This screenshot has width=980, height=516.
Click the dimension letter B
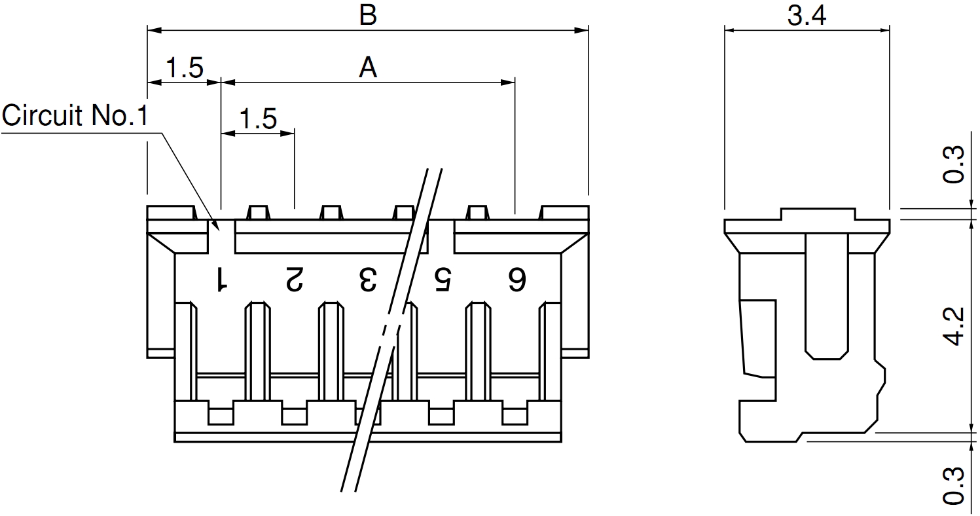click(x=368, y=16)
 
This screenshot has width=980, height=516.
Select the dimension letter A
click(x=368, y=67)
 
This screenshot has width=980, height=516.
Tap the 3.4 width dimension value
click(x=807, y=16)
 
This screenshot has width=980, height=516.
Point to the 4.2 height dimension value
click(x=955, y=325)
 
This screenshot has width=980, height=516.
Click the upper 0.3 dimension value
click(x=955, y=165)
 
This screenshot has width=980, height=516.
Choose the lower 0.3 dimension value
click(x=955, y=485)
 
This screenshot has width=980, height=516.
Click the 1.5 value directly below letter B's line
click(x=184, y=67)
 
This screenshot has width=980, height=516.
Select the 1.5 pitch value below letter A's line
click(x=258, y=119)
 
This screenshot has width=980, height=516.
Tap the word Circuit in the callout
click(x=43, y=116)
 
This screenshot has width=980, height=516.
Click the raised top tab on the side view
click(x=818, y=214)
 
